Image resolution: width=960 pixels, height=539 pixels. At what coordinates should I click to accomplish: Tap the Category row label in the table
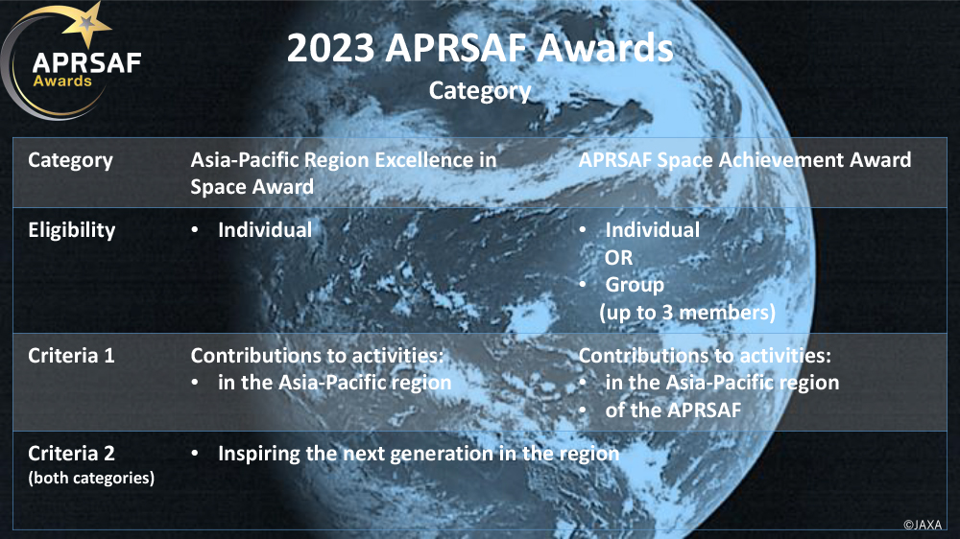(x=70, y=160)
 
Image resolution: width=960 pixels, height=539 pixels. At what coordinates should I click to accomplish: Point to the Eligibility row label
(x=71, y=230)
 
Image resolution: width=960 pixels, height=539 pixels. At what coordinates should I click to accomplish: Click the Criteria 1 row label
(x=71, y=356)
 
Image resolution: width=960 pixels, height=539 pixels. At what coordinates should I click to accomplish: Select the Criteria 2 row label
(x=71, y=453)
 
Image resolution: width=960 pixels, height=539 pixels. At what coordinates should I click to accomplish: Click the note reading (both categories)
(x=91, y=478)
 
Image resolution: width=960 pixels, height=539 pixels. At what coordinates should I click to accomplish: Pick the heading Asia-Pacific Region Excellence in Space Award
(x=343, y=173)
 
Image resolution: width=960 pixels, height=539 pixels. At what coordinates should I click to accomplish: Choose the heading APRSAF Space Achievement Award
(x=744, y=160)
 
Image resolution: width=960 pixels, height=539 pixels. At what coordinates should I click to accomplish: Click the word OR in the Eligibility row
(x=618, y=258)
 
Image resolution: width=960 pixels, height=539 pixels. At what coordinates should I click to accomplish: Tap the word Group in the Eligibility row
(x=635, y=285)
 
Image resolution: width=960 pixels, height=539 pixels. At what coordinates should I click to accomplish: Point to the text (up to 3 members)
(x=686, y=313)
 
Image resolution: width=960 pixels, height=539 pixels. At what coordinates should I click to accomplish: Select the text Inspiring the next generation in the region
(x=419, y=453)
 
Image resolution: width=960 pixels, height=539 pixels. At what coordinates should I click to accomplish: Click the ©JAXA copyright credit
(x=923, y=525)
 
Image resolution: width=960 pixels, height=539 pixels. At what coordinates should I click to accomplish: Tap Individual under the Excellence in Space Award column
(x=264, y=230)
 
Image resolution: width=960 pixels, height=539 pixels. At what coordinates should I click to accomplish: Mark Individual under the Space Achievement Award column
(x=652, y=230)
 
